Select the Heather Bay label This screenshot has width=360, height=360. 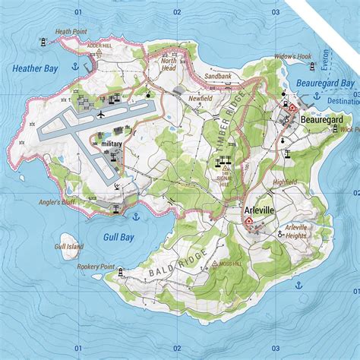(35, 68)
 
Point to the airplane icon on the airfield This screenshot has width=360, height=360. (101, 114)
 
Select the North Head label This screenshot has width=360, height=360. (169, 65)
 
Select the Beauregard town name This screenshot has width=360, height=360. (322, 120)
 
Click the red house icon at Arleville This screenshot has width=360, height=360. (248, 220)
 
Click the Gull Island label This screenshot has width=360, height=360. (68, 247)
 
